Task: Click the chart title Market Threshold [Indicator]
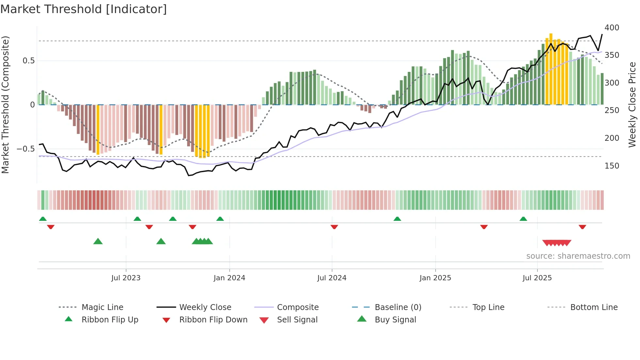click(x=84, y=9)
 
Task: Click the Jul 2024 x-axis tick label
click(x=332, y=278)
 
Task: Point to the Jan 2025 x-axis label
click(x=435, y=278)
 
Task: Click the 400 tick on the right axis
click(x=612, y=28)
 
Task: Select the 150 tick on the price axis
click(x=612, y=166)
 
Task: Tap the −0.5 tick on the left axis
click(x=25, y=149)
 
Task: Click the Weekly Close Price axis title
click(x=632, y=105)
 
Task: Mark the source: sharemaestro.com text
click(x=578, y=256)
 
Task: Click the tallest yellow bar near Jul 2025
click(x=551, y=69)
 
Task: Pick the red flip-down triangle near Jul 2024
click(x=334, y=227)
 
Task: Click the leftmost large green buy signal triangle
click(x=98, y=241)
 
